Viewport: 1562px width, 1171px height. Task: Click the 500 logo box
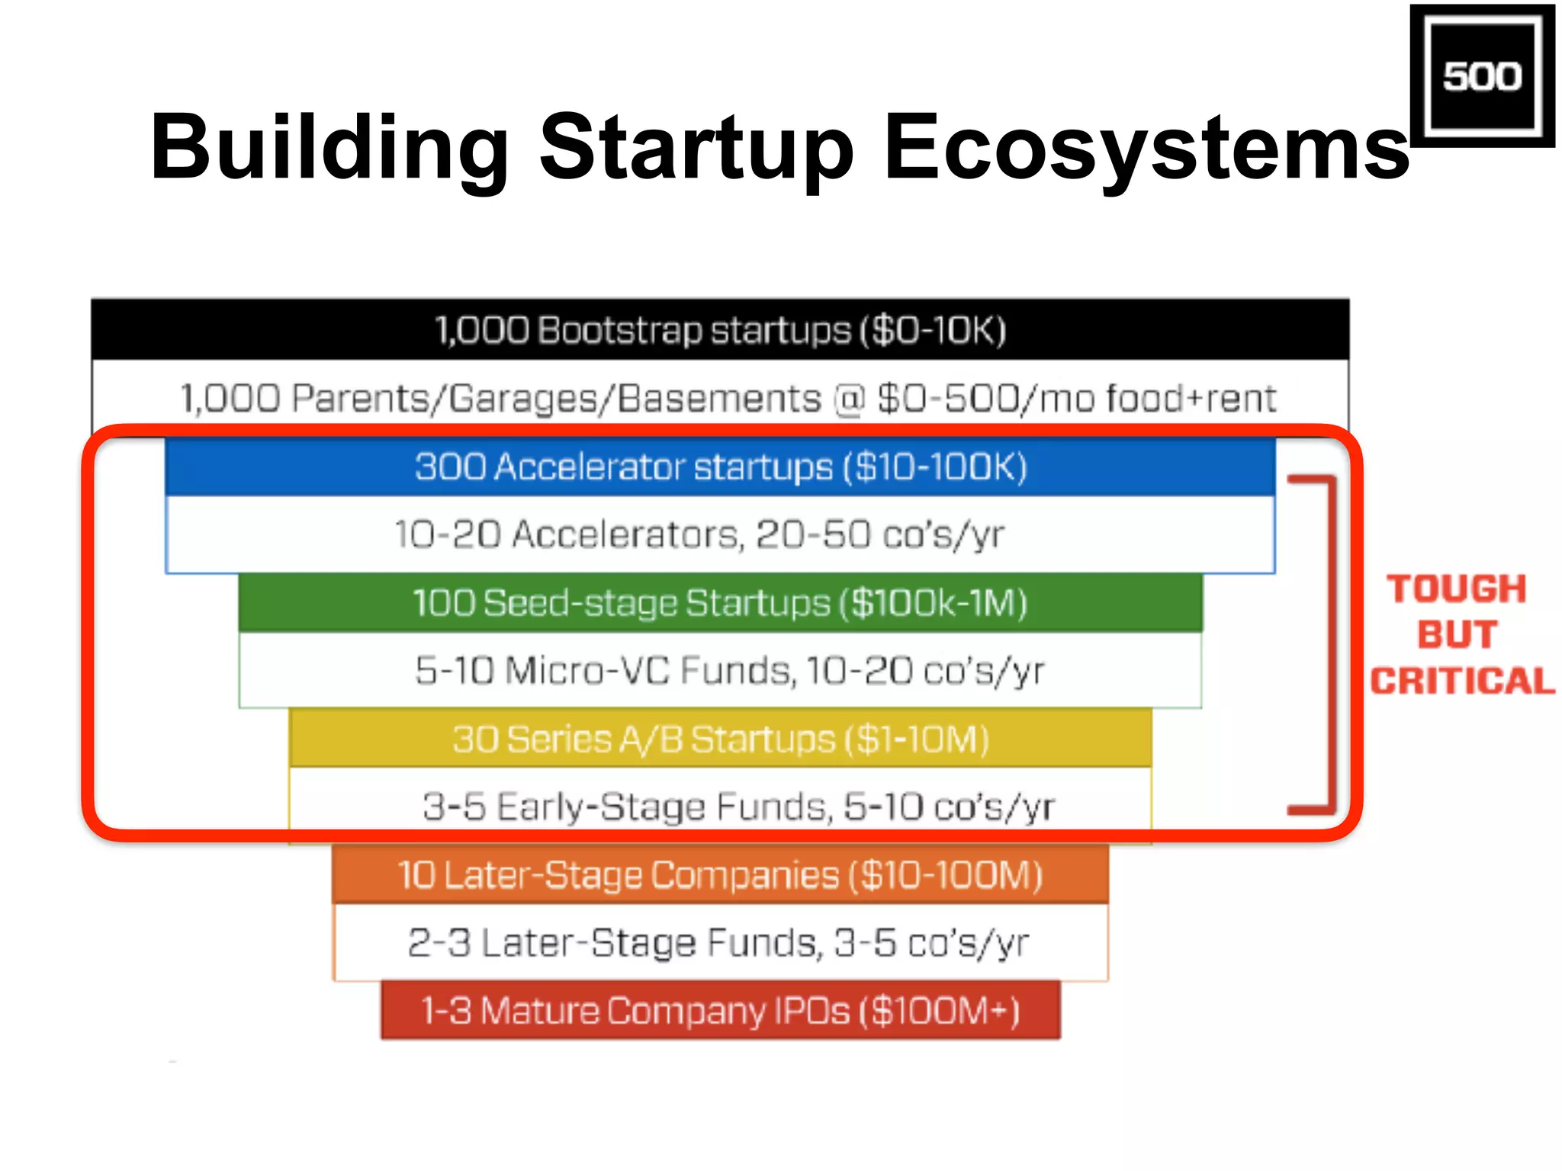coord(1481,76)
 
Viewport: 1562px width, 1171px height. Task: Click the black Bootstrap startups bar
coord(720,330)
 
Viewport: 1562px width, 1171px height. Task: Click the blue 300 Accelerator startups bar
coord(720,467)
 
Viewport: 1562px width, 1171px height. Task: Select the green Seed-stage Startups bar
coord(720,603)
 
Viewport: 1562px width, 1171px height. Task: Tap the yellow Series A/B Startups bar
coord(720,739)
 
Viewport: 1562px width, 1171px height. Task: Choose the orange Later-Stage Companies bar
coord(720,874)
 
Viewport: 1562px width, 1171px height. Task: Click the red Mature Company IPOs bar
coord(720,1011)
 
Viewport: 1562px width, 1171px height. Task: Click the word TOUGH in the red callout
coord(1457,589)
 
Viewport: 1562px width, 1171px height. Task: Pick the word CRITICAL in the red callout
coord(1462,681)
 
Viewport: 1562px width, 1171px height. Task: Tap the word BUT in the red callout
coord(1458,635)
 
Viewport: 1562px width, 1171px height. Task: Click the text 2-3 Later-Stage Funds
coord(615,943)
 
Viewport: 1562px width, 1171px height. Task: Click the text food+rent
coord(1191,399)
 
